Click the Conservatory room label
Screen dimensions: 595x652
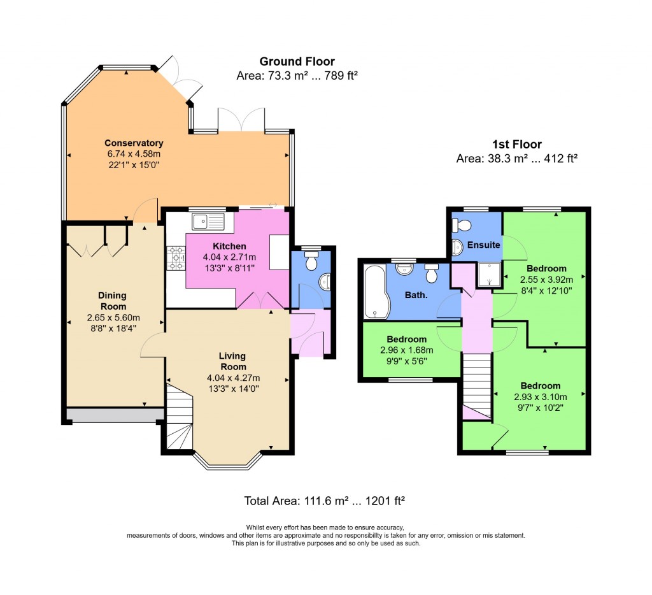[x=134, y=143]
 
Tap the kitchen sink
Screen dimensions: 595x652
[x=207, y=222]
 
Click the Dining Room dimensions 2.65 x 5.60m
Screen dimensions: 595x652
[x=112, y=318]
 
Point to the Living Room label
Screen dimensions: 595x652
[x=232, y=361]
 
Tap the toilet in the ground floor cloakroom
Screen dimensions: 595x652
[x=311, y=261]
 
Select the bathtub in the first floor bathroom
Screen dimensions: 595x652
[x=374, y=292]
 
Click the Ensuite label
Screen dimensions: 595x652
[x=484, y=245]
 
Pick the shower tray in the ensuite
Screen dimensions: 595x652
[x=488, y=275]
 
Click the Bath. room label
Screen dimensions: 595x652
[x=417, y=296]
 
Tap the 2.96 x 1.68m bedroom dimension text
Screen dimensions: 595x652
[x=406, y=350]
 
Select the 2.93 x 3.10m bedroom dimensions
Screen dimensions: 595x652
[x=540, y=396]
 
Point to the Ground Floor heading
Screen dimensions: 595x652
[x=297, y=62]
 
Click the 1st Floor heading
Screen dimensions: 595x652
[x=516, y=145]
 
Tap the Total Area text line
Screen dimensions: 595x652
[x=325, y=501]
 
